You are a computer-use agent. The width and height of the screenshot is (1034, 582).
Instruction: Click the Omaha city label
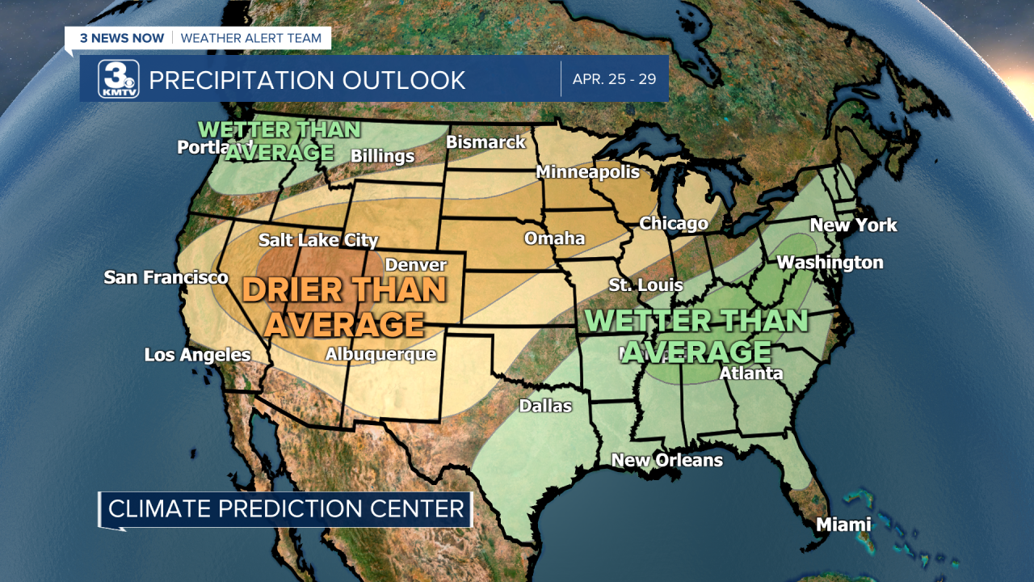(x=554, y=238)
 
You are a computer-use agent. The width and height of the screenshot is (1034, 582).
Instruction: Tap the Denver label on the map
(x=416, y=265)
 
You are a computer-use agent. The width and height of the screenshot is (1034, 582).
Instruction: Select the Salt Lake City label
(x=318, y=240)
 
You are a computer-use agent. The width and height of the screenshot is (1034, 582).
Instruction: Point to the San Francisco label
(x=166, y=278)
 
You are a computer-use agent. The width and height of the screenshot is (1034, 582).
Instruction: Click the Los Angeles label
(x=197, y=355)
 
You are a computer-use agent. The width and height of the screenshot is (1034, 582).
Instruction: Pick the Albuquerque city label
(x=380, y=354)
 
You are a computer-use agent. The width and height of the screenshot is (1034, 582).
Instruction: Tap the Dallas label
(x=545, y=406)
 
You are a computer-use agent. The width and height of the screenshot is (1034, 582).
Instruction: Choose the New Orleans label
(x=666, y=460)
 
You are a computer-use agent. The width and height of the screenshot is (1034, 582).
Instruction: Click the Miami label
(x=843, y=525)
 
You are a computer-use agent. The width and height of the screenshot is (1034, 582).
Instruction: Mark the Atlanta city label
(x=750, y=373)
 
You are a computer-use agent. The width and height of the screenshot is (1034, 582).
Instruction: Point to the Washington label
(x=830, y=263)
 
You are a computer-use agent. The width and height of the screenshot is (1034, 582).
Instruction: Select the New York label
(x=853, y=225)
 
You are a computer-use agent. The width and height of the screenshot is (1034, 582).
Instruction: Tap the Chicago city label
(x=674, y=223)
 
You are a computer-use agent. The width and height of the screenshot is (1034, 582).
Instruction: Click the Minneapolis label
(x=587, y=172)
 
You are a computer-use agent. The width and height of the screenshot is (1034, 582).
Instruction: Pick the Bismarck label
(x=485, y=142)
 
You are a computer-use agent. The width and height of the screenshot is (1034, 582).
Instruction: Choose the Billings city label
(x=382, y=156)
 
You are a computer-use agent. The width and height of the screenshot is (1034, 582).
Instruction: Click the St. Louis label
(x=645, y=285)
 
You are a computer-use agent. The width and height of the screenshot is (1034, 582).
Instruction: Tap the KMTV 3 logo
(x=119, y=79)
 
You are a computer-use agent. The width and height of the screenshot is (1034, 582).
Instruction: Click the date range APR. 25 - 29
(x=614, y=79)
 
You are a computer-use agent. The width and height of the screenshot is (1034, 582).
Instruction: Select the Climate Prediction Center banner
(x=286, y=509)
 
